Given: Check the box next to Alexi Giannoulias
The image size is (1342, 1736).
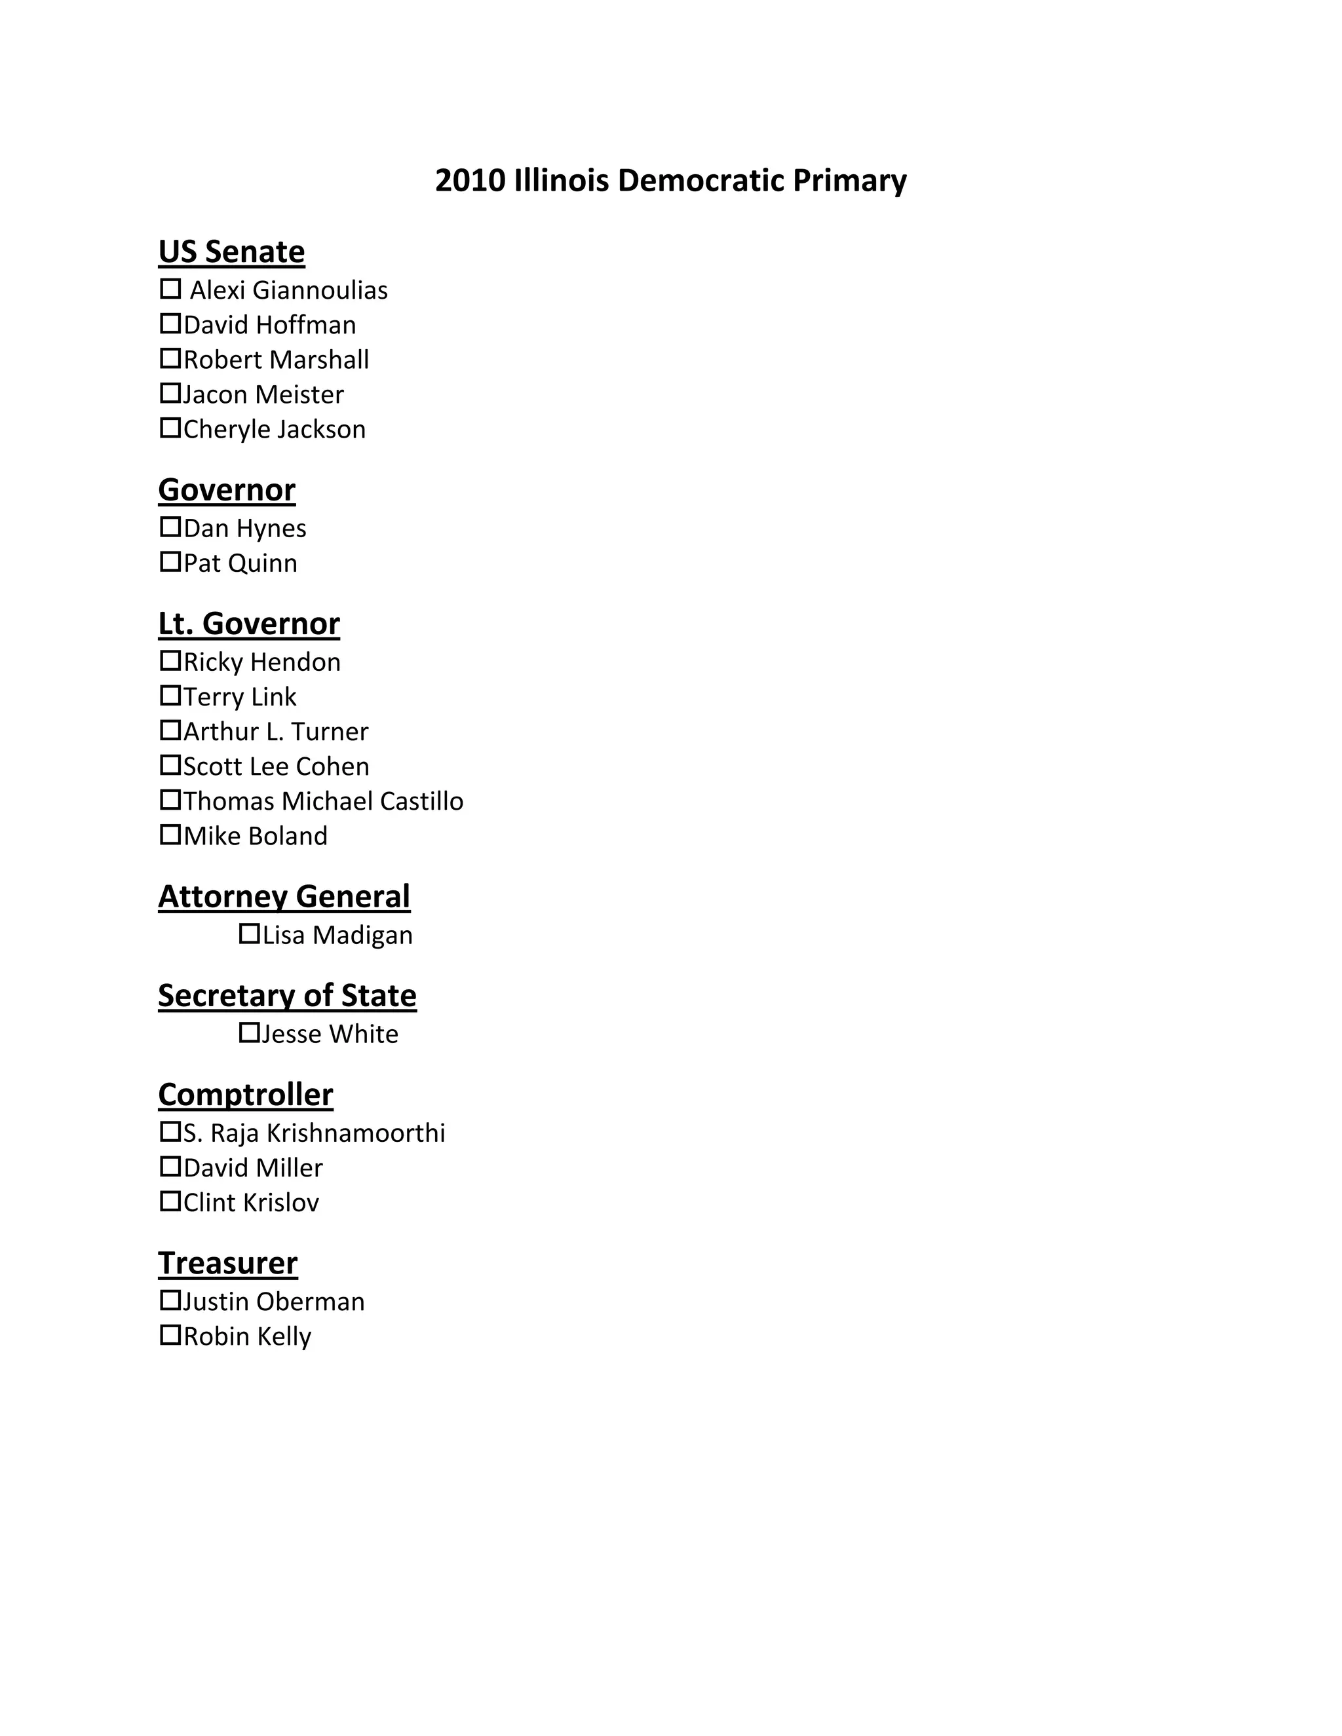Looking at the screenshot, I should [x=170, y=288].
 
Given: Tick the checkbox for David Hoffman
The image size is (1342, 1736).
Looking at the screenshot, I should [x=170, y=324].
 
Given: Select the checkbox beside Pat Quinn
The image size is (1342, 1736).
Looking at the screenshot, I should [x=170, y=562].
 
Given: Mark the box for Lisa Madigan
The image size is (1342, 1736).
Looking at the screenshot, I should [x=250, y=934].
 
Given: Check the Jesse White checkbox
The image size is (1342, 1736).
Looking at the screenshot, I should [x=250, y=1032].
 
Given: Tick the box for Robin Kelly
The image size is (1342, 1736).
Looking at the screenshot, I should [x=170, y=1335].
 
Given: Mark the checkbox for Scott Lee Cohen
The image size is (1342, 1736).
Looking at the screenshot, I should [x=170, y=765].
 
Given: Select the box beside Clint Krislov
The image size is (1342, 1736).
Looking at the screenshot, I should [x=170, y=1201].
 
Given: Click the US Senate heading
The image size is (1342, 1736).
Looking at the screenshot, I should [x=231, y=251].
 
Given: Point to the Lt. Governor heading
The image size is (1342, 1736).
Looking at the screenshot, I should [x=249, y=623].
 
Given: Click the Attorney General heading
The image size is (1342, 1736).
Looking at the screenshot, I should [x=284, y=897].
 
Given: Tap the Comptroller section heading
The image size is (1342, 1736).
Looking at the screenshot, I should [x=246, y=1095].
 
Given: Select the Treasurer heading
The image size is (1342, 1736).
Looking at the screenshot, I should [x=227, y=1263].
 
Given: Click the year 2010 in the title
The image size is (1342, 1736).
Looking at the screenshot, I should [x=470, y=180].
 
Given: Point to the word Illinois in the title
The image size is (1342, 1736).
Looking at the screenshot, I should [x=562, y=180].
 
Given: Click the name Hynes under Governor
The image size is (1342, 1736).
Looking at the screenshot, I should [x=271, y=529].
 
